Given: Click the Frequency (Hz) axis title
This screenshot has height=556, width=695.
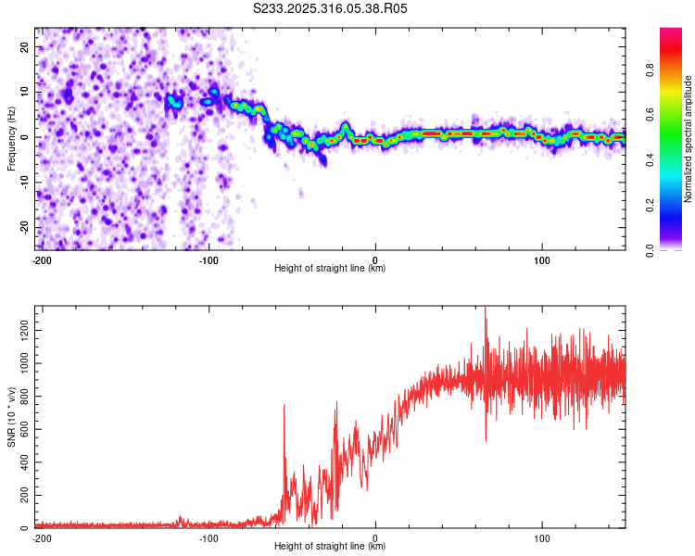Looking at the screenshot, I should pyautogui.click(x=11, y=138).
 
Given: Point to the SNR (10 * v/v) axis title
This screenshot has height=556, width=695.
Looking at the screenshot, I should pyautogui.click(x=11, y=417).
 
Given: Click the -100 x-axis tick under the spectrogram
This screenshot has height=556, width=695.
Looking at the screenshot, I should pyautogui.click(x=208, y=259).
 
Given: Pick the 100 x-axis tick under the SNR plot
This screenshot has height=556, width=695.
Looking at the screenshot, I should pyautogui.click(x=542, y=537).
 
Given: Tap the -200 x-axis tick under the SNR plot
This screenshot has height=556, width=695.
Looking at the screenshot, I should pyautogui.click(x=42, y=537).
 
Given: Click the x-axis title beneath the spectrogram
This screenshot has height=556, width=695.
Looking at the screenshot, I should pyautogui.click(x=330, y=269).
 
